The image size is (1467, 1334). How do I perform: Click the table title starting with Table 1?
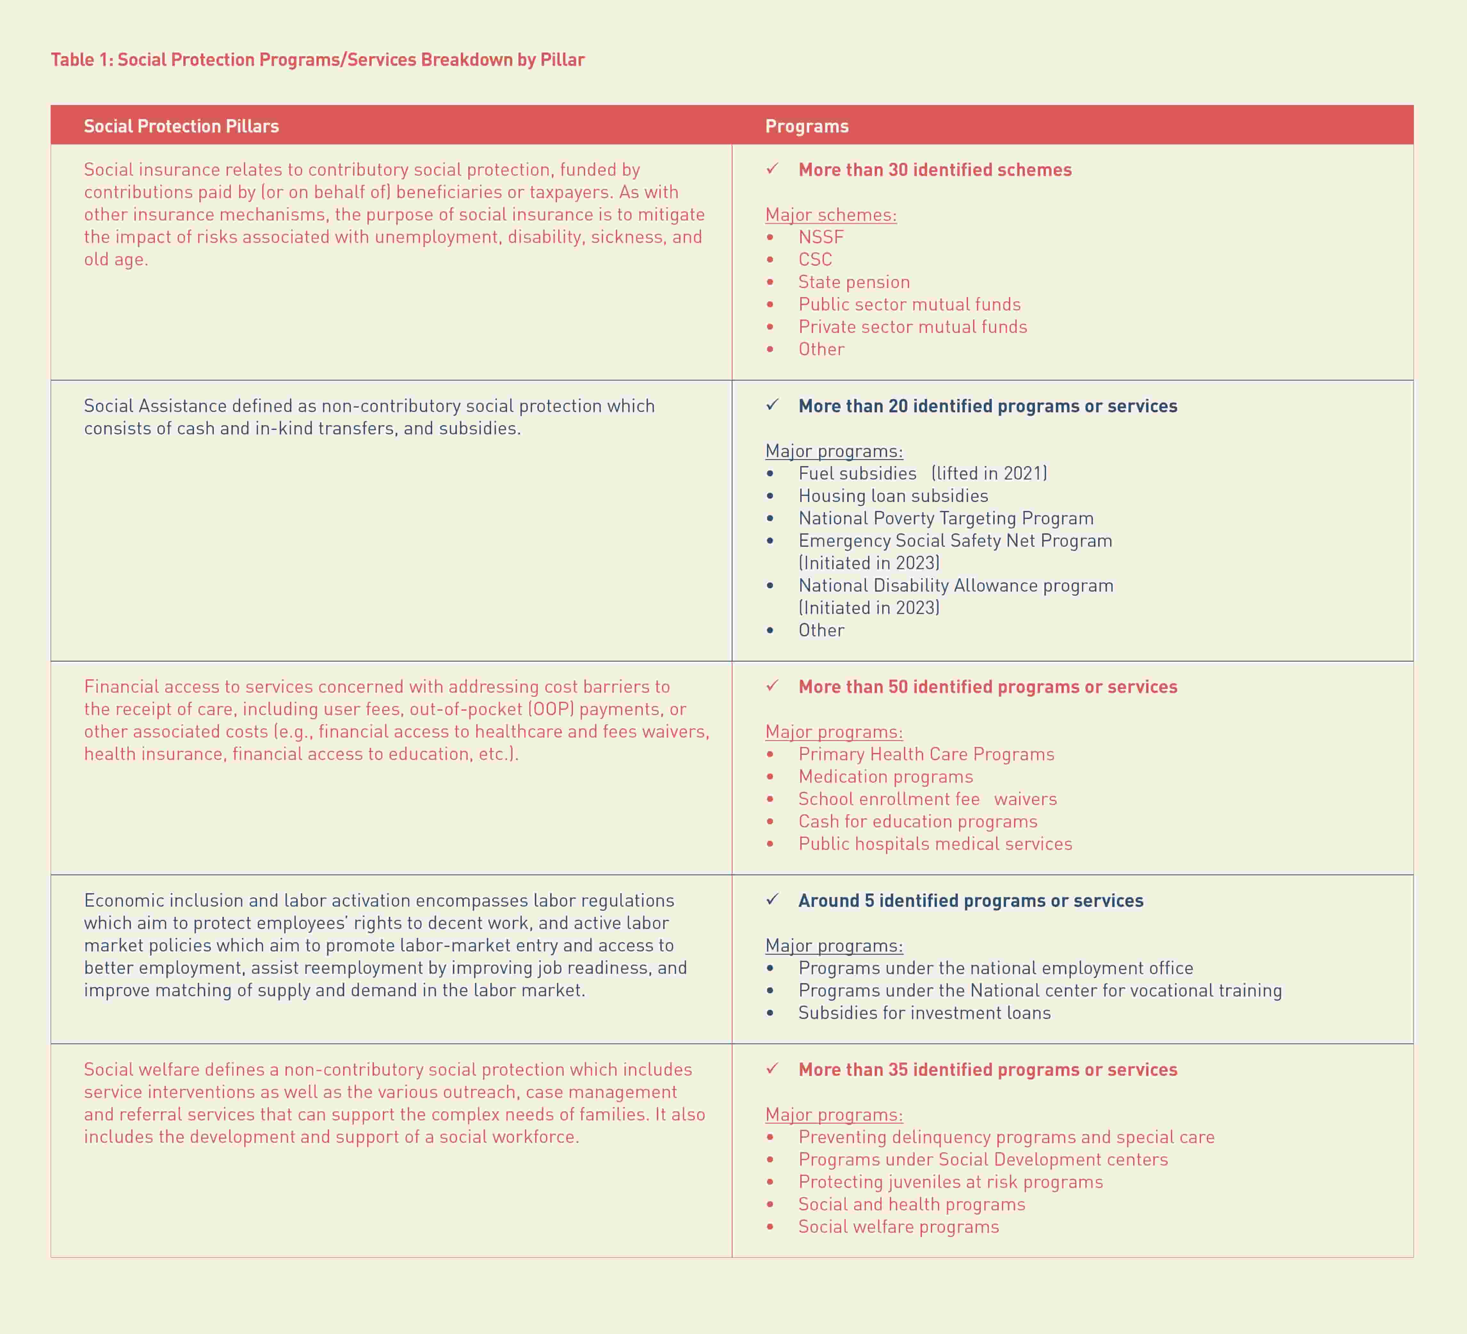[317, 60]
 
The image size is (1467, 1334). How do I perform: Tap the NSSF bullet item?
[821, 237]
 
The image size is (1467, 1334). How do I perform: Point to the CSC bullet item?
[815, 260]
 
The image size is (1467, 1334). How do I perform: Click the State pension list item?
[854, 282]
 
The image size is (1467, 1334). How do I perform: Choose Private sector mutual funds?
[913, 327]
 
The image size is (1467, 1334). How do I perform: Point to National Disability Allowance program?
[955, 586]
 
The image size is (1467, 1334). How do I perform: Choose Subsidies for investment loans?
[924, 1013]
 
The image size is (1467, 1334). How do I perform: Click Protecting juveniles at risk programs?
[950, 1182]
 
